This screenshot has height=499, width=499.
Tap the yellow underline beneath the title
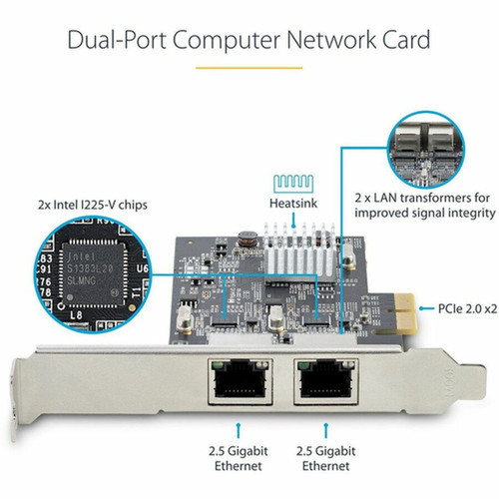tap(249, 68)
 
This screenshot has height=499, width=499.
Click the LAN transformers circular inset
tap(424, 151)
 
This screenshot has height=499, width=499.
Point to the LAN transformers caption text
tap(424, 206)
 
